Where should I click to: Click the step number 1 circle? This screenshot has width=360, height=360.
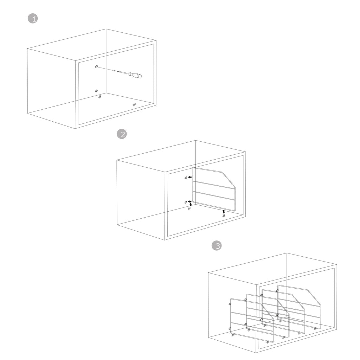pyautogui.click(x=33, y=19)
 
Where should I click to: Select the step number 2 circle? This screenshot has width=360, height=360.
pyautogui.click(x=122, y=134)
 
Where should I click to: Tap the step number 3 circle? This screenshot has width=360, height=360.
pyautogui.click(x=217, y=246)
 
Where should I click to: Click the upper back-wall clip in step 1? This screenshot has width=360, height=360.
pyautogui.click(x=96, y=66)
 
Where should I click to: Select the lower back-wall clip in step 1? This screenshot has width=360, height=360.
pyautogui.click(x=96, y=91)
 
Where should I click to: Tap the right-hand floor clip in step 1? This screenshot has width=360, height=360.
pyautogui.click(x=134, y=104)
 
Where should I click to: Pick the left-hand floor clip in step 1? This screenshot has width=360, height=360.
pyautogui.click(x=99, y=97)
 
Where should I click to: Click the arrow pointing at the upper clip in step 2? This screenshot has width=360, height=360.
pyautogui.click(x=189, y=177)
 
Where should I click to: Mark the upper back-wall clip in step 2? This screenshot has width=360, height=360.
pyautogui.click(x=186, y=178)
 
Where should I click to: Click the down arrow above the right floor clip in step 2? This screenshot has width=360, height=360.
pyautogui.click(x=224, y=212)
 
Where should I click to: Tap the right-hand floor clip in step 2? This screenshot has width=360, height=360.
pyautogui.click(x=224, y=216)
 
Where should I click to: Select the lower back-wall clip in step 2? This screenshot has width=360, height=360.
pyautogui.click(x=186, y=202)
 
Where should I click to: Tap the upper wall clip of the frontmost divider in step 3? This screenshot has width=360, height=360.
pyautogui.click(x=230, y=304)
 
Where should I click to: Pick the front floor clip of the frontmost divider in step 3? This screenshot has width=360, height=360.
pyautogui.click(x=268, y=342)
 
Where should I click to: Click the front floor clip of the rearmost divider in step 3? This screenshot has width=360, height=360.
pyautogui.click(x=315, y=329)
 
